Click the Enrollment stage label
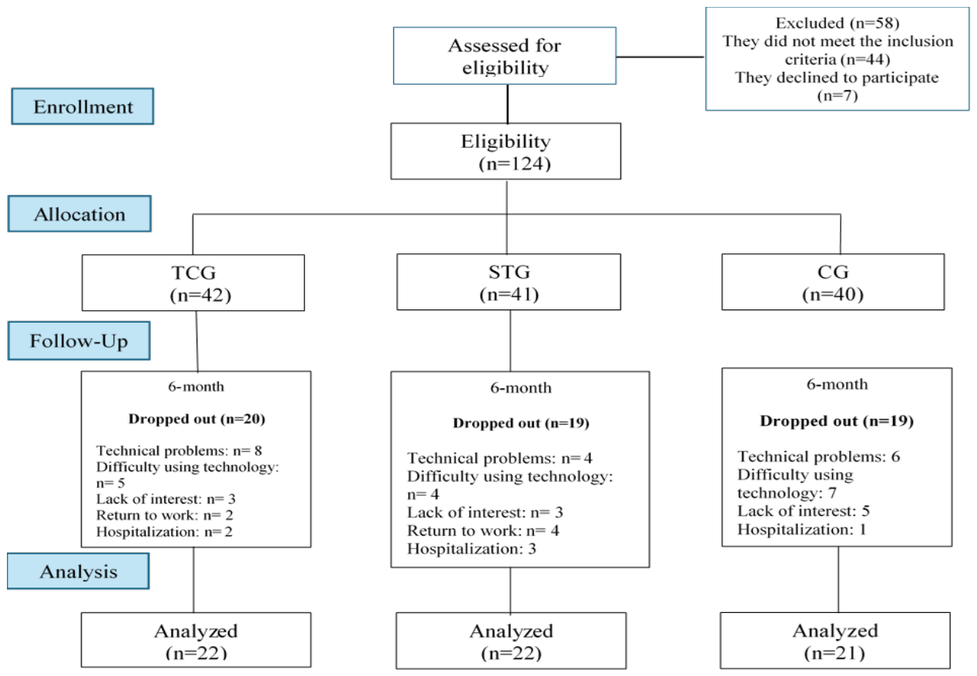coord(82,106)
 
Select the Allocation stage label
coord(79,213)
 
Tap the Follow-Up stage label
coord(79,341)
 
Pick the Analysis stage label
coord(79,571)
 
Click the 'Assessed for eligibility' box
coord(505,55)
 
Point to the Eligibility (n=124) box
coord(506,151)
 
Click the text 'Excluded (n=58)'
coord(838,22)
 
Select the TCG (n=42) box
coord(193,283)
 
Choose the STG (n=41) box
coord(509,282)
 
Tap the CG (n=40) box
coord(833,282)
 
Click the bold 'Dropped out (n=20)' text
coord(196,419)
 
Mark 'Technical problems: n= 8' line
coord(179,450)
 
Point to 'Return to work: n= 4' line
coord(483,530)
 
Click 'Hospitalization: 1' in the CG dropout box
coord(801,529)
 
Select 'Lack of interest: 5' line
coord(804,510)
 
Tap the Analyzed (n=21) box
coord(835,641)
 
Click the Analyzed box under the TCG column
coord(196,640)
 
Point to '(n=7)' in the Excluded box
coord(838,95)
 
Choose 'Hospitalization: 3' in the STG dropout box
coord(472,548)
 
